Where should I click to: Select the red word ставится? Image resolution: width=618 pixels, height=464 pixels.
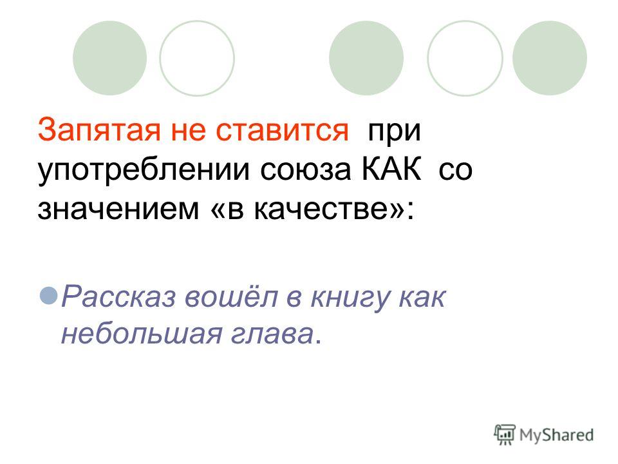point(282,130)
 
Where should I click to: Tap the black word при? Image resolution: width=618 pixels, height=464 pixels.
point(395,133)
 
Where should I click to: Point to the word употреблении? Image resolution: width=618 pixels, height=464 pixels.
point(144,170)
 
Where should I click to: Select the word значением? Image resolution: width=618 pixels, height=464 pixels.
point(118,208)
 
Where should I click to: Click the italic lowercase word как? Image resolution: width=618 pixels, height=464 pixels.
point(422,296)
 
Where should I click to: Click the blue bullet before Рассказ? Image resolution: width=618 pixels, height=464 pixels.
point(49,296)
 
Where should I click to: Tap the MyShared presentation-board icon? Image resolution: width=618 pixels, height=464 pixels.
point(505,435)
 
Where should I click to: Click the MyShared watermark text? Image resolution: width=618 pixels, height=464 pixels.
point(556,435)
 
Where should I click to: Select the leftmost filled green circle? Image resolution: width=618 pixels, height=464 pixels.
point(109,58)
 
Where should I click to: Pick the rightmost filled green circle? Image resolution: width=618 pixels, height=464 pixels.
point(549,58)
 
